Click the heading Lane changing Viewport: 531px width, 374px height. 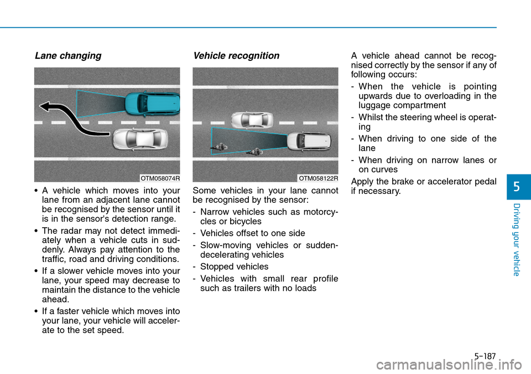(68, 55)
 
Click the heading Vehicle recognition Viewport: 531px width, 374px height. (236, 55)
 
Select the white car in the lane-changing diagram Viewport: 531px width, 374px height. (139, 139)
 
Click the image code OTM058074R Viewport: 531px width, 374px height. (159, 178)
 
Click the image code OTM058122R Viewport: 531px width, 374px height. (318, 178)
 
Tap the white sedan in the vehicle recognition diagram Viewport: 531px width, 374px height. (252, 119)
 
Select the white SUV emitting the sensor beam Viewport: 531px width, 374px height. (309, 141)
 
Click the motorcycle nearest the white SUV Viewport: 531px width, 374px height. (256, 151)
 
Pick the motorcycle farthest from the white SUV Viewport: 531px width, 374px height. (217, 147)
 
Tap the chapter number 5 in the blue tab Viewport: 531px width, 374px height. (519, 187)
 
